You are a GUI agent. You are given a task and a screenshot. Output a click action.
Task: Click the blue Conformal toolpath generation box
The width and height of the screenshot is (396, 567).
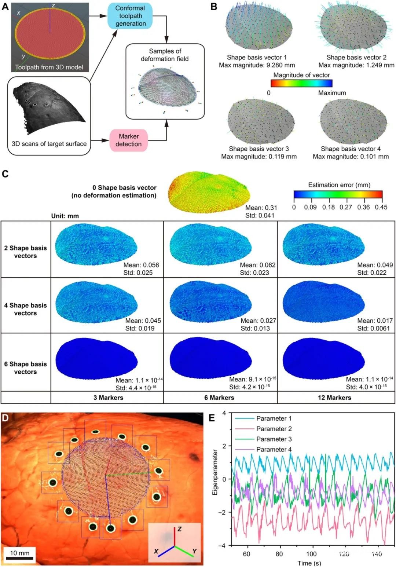[x=130, y=16]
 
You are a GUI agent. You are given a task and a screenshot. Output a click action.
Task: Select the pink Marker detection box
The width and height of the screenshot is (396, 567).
[x=128, y=140]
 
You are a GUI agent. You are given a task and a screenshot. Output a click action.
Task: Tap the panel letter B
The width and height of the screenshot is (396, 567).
[x=213, y=7]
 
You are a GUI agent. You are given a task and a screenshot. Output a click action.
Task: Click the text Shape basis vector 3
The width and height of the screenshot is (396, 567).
[x=259, y=149]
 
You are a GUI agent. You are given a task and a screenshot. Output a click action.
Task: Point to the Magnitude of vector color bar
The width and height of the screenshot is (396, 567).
[x=301, y=84]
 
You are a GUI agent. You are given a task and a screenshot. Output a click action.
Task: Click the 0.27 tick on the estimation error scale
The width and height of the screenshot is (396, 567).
[x=345, y=207]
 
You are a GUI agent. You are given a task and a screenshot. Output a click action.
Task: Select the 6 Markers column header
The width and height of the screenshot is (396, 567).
[x=219, y=398]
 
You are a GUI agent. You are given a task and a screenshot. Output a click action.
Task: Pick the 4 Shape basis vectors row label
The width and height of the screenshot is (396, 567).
[x=25, y=309]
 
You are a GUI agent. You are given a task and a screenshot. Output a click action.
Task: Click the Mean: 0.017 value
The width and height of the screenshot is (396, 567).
[x=375, y=321]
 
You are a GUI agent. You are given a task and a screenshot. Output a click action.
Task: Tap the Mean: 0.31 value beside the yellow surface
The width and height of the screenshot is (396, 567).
[x=261, y=208]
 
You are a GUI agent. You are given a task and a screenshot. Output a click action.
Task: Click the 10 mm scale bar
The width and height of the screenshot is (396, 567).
[x=20, y=559]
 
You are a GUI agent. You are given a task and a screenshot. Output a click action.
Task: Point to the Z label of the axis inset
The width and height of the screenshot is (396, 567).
[x=180, y=529]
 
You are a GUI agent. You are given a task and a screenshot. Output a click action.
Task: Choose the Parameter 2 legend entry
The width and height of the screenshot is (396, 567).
[x=274, y=429]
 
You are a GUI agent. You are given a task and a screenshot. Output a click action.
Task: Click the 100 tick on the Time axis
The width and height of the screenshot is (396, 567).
[x=312, y=554]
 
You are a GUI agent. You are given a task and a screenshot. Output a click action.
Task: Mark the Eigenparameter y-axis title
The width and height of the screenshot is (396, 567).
[x=215, y=473]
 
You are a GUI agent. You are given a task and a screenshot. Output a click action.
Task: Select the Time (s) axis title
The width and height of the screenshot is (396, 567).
[x=309, y=563]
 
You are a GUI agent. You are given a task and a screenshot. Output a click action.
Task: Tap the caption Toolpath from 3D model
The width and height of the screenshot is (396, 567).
[x=49, y=67]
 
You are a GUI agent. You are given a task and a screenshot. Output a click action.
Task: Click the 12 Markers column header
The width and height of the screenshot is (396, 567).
[x=334, y=398]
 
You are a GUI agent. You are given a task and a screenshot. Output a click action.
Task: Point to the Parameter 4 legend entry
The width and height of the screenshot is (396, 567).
[x=274, y=449]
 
